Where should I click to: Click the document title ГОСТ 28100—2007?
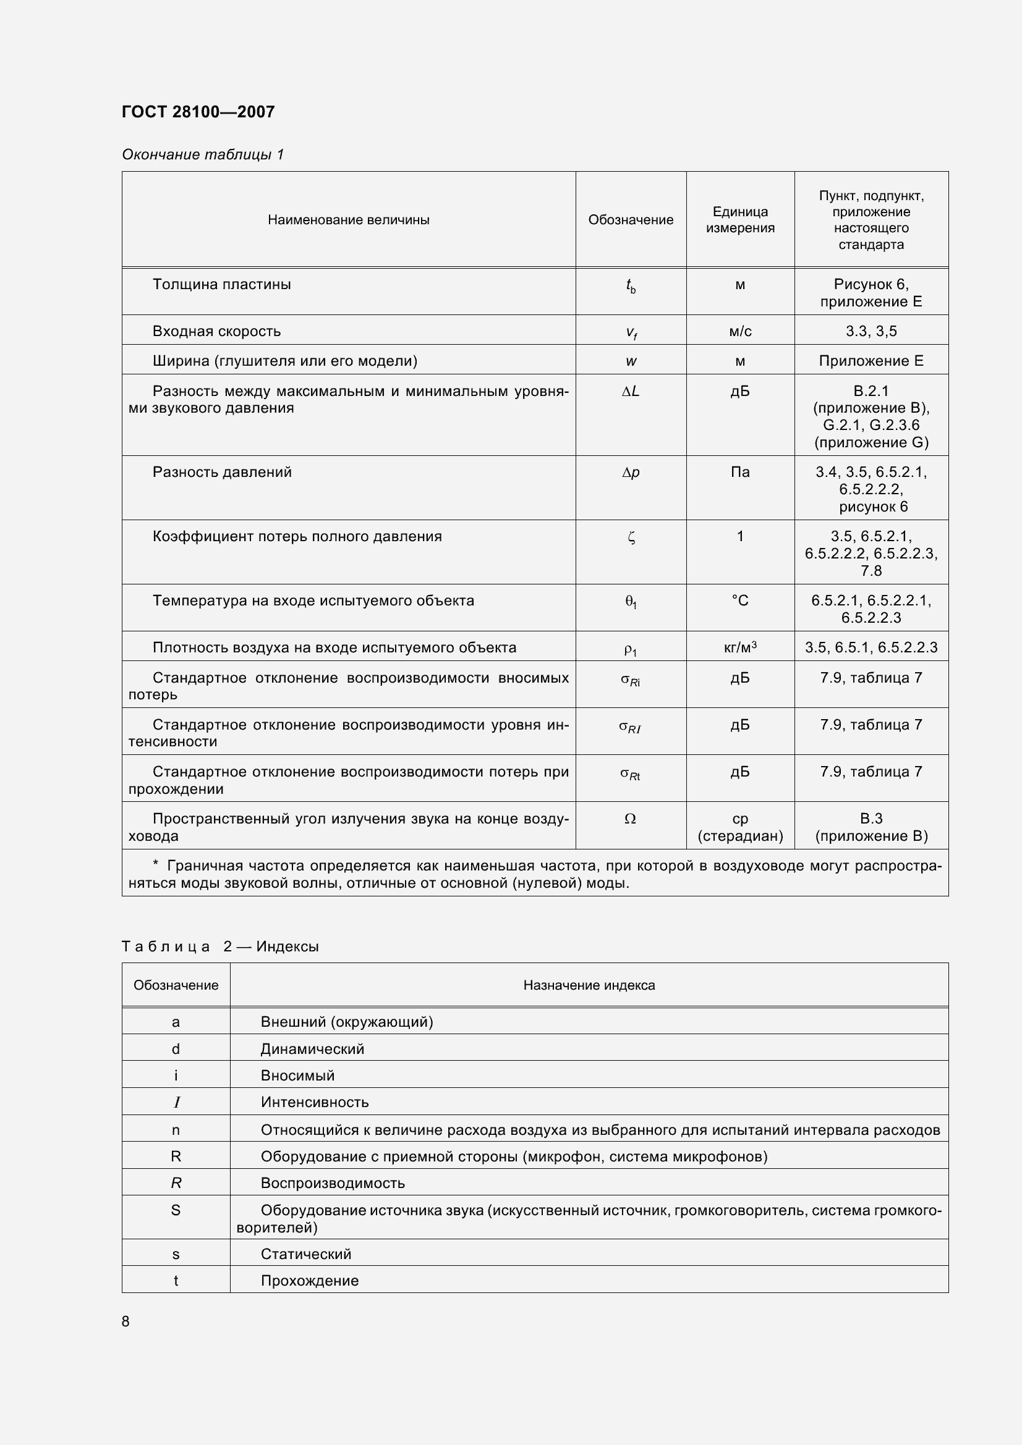click(x=198, y=112)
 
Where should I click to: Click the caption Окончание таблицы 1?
click(x=203, y=154)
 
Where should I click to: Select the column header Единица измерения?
click(x=740, y=220)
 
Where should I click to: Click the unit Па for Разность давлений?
click(x=740, y=472)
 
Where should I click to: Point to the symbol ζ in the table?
click(x=631, y=537)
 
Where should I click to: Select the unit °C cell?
click(x=740, y=600)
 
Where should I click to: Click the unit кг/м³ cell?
click(x=740, y=647)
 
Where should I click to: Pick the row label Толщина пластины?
click(x=222, y=284)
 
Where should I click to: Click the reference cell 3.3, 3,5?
click(x=871, y=331)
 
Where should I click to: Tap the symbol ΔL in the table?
click(x=631, y=392)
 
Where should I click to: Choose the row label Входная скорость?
click(x=216, y=331)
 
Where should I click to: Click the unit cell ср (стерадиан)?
click(x=740, y=827)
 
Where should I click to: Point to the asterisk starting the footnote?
click(x=156, y=865)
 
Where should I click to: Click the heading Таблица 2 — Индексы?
click(x=219, y=946)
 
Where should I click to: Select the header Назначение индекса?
click(x=589, y=985)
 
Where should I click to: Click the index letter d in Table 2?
click(x=176, y=1049)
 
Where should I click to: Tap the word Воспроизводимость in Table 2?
click(x=333, y=1183)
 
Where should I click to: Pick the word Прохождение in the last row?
click(x=309, y=1281)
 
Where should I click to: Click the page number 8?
click(x=126, y=1321)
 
